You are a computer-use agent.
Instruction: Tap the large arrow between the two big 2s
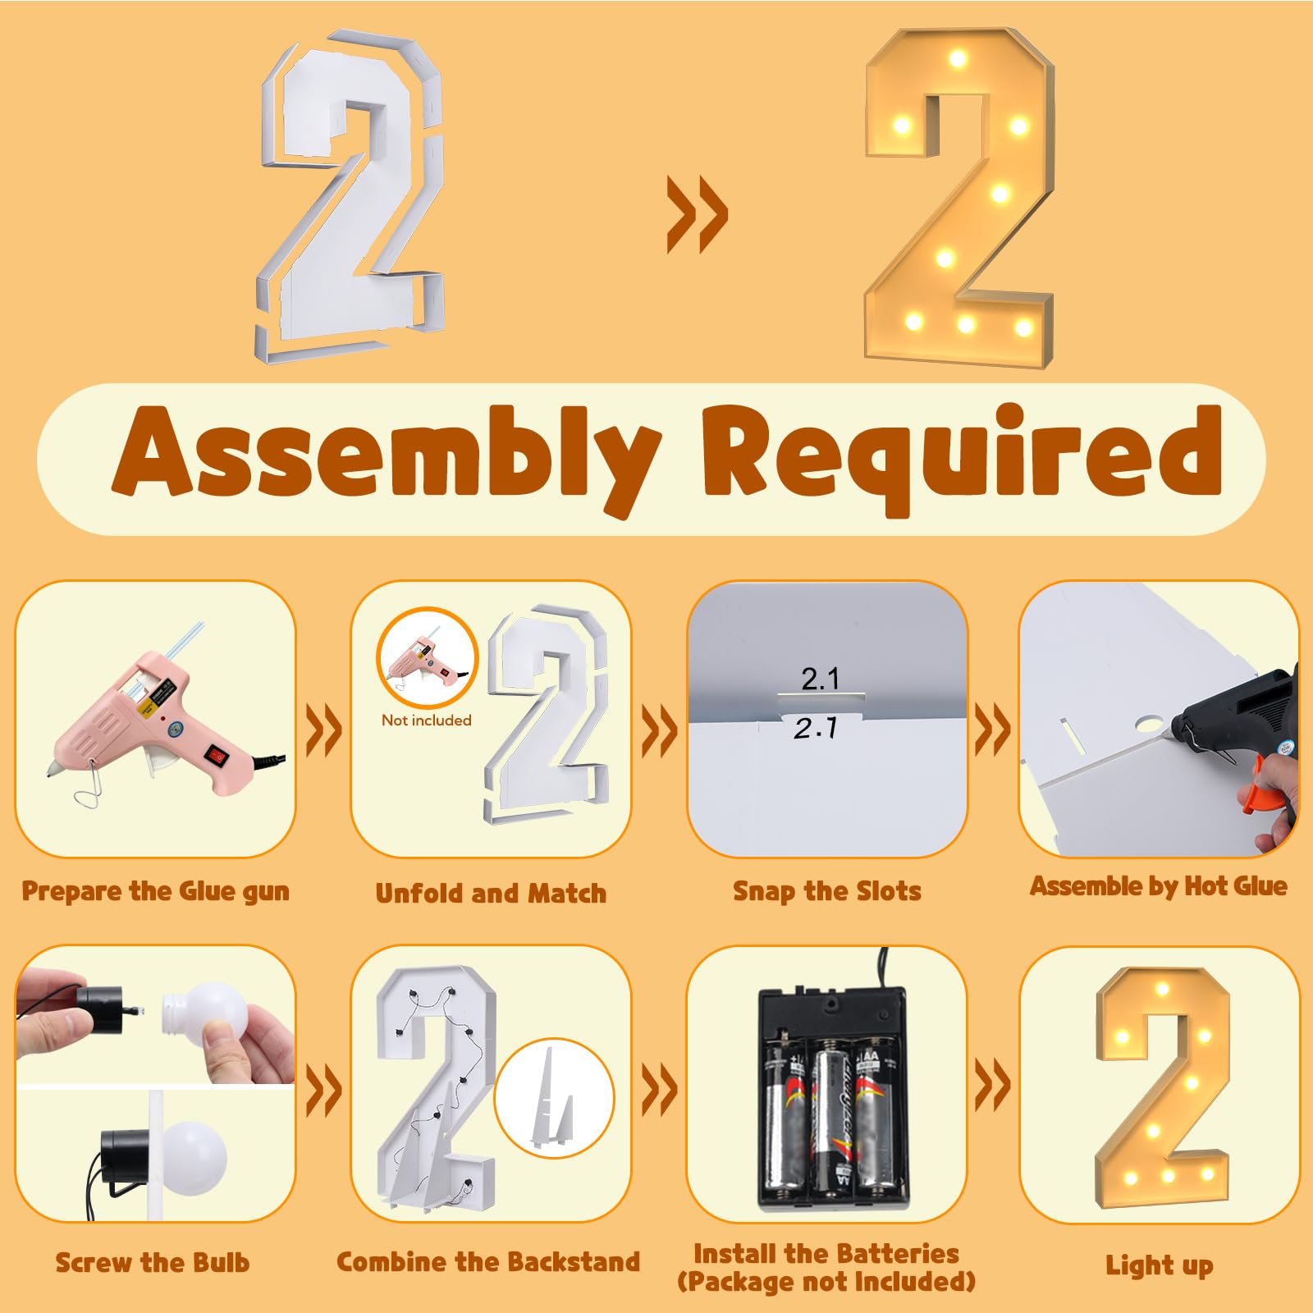[697, 214]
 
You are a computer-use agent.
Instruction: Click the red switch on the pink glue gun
[217, 753]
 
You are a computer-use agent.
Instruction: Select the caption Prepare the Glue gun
[156, 892]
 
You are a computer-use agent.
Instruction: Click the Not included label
[427, 721]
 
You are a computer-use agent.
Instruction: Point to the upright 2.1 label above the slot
[821, 679]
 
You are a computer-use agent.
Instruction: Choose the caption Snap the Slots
[827, 891]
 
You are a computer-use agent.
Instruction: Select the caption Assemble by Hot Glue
[1159, 886]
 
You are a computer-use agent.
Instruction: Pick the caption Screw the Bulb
[153, 1262]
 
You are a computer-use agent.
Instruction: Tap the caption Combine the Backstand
[488, 1262]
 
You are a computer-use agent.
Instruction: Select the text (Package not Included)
[826, 1282]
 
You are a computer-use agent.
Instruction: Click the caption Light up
[1160, 1265]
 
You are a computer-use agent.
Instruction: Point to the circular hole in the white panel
[1150, 725]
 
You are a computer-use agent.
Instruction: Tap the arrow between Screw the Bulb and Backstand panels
[324, 1091]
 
